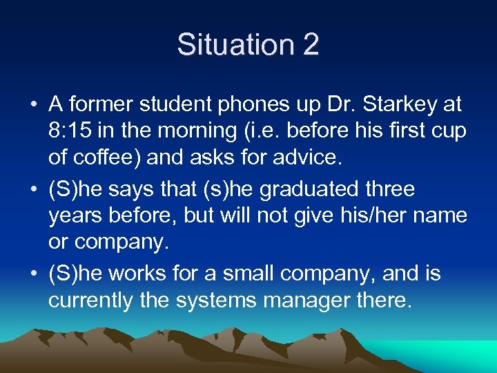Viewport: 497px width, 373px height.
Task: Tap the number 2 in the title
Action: [310, 45]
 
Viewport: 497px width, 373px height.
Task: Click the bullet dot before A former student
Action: [34, 106]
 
